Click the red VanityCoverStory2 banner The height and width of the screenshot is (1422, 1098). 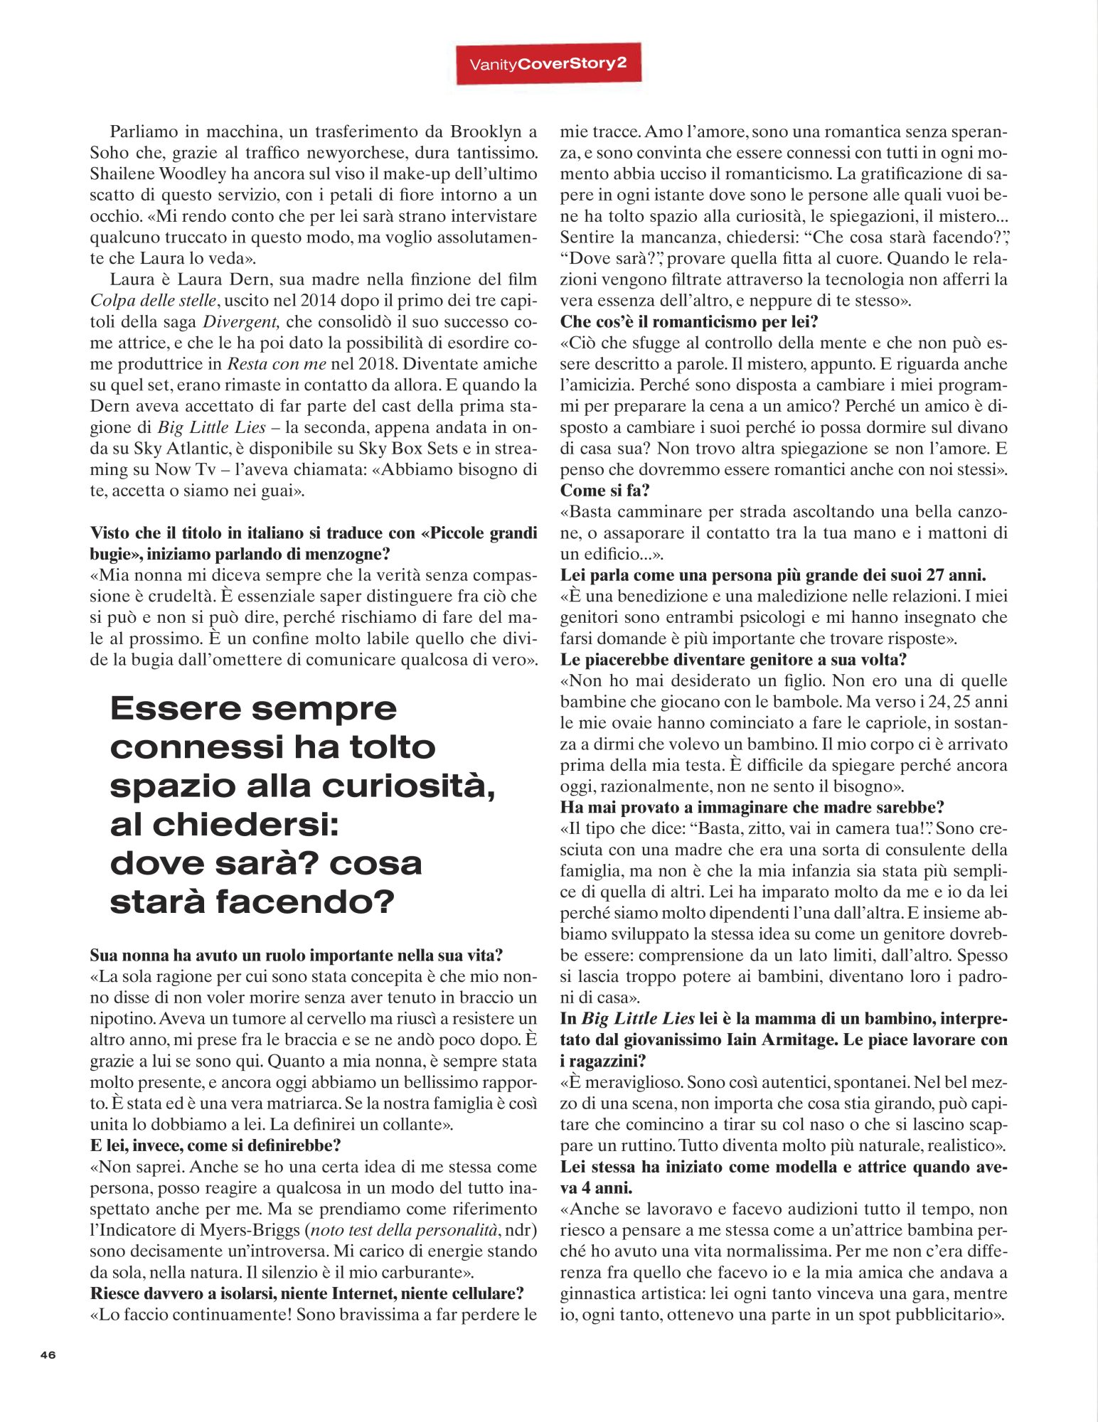(x=548, y=63)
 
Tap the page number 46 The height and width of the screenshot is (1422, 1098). (x=48, y=1354)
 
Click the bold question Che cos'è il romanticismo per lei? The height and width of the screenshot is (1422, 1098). (x=688, y=321)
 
